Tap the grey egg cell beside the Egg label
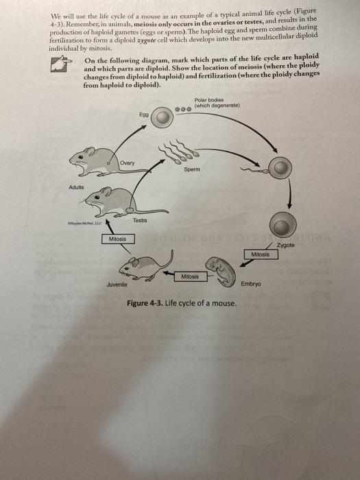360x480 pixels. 162,119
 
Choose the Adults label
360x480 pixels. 77,187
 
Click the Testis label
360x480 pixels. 140,220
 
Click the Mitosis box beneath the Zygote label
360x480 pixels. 261,254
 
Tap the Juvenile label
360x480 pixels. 118,285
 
